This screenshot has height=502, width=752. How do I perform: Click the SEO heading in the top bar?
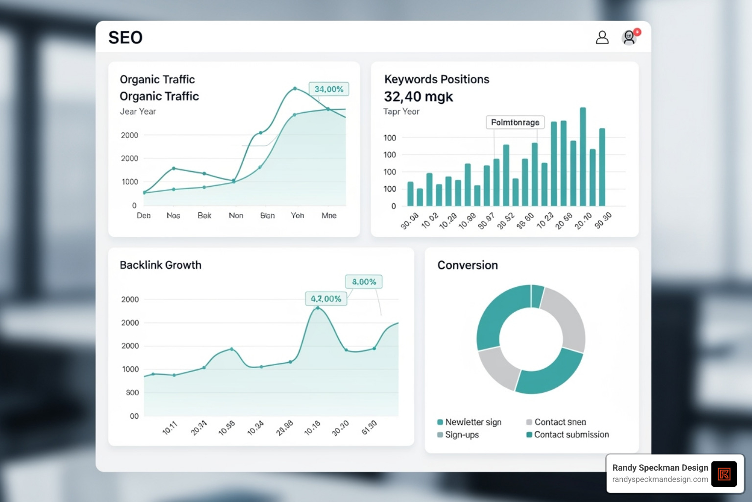(125, 38)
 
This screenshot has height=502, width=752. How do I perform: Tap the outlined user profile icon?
(602, 38)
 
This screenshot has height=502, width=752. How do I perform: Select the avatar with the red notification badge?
(629, 38)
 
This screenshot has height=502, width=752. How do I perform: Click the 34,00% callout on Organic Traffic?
(329, 89)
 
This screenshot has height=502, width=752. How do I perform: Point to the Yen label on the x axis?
(297, 216)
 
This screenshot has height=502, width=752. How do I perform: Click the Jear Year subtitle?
(138, 112)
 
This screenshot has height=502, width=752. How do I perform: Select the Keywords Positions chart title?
(437, 79)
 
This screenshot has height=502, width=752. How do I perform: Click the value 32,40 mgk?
(419, 97)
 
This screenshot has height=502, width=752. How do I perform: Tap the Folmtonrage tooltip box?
(515, 123)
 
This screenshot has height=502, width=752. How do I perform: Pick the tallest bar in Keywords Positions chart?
(583, 157)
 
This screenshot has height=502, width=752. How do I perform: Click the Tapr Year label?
(401, 112)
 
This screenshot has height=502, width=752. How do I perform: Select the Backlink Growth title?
(161, 265)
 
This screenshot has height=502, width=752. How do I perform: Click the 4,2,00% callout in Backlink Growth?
(326, 299)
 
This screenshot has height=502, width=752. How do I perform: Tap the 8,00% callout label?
(364, 282)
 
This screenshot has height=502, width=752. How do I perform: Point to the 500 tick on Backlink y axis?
(132, 393)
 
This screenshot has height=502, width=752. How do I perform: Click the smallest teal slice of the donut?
(537, 297)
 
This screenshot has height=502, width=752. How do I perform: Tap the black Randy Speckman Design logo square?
(724, 474)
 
